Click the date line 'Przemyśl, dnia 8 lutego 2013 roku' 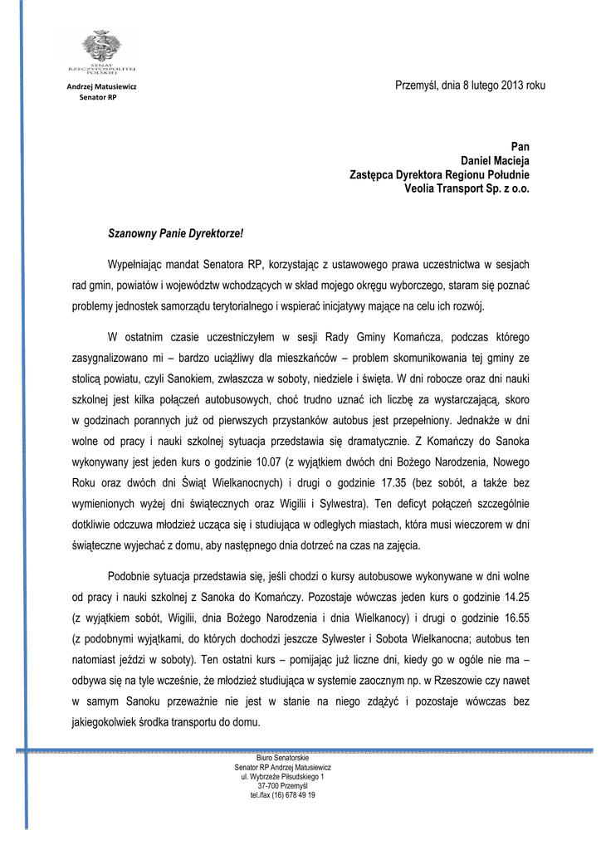click(x=470, y=86)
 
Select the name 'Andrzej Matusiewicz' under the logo click(x=102, y=86)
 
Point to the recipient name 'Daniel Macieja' click(x=495, y=160)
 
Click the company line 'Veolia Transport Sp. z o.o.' click(x=467, y=188)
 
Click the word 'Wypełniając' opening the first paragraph click(x=136, y=265)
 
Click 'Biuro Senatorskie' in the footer click(x=282, y=758)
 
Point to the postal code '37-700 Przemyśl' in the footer click(x=282, y=785)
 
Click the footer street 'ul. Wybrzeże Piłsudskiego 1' click(x=282, y=776)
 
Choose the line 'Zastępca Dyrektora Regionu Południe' click(x=439, y=174)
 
